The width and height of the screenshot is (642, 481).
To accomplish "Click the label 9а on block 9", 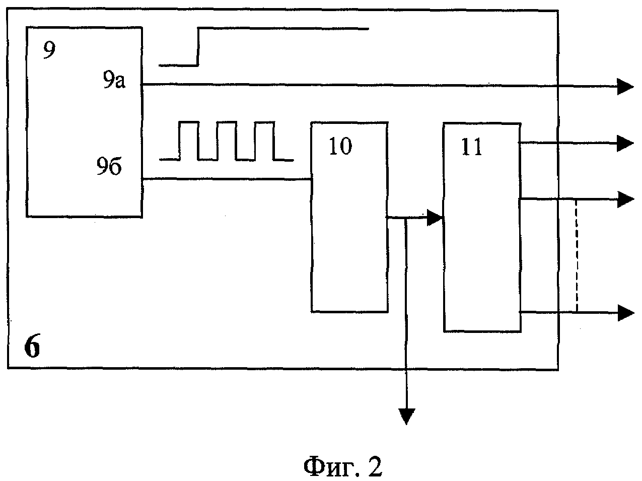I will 114,81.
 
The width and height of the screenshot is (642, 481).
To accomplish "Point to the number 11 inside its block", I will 472,149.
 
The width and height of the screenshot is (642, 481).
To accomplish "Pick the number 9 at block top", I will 48,51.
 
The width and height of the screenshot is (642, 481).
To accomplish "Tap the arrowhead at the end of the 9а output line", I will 625,87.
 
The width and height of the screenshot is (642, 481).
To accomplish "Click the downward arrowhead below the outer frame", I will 406,416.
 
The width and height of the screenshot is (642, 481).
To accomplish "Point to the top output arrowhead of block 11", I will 625,144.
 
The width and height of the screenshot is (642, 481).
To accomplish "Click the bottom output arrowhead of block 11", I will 625,313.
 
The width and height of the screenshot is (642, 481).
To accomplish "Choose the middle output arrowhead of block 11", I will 625,199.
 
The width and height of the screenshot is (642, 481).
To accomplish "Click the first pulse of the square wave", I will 189,141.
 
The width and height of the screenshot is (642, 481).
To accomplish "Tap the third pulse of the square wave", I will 264,141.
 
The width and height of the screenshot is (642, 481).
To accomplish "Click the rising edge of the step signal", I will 198,47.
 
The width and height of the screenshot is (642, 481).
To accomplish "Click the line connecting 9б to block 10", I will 227,179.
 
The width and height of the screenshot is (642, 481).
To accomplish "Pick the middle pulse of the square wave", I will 227,141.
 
